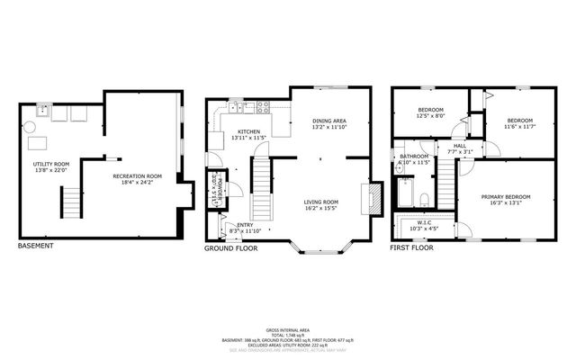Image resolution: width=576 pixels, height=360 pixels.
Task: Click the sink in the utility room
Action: [42, 112]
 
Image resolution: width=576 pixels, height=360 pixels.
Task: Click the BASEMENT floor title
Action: [36, 246]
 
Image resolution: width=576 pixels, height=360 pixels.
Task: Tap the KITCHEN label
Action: [249, 131]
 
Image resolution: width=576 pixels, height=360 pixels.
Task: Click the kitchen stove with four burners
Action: [264, 107]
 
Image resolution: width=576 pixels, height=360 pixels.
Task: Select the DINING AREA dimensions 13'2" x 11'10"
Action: [329, 128]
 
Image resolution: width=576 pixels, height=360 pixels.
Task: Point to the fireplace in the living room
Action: [365, 198]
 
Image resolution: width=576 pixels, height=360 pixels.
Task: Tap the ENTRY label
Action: [244, 225]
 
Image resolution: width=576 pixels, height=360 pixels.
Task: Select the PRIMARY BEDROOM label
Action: [505, 197]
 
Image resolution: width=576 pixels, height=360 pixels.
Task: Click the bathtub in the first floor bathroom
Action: [404, 193]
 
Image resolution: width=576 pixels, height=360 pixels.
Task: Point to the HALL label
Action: [459, 146]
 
